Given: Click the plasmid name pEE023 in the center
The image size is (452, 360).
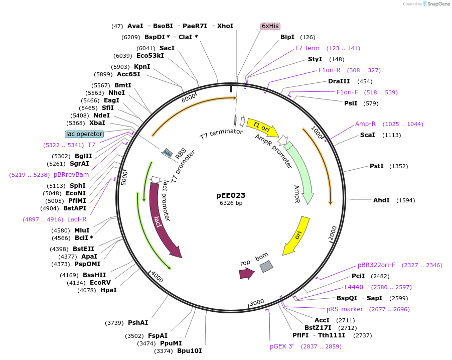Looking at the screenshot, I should pos(231,195).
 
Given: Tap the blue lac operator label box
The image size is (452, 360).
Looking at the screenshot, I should pos(84,134).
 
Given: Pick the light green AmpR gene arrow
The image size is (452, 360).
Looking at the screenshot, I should pos(302,171).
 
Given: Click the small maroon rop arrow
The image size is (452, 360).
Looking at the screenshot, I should pos(246,273).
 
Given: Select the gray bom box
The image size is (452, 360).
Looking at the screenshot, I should pos(266,267).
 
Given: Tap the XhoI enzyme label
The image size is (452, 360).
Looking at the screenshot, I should pos(225,26).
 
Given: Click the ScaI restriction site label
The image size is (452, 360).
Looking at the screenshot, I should pos(367,135).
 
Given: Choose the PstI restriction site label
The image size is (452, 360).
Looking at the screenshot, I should pos(377,166).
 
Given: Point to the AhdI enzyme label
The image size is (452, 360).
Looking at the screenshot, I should pos(381,200).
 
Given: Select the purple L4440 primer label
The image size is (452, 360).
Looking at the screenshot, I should pos(354,287).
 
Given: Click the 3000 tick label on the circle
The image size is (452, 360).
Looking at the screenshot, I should pos(256,302).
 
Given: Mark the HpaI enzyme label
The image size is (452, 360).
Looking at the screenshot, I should pos(108,290).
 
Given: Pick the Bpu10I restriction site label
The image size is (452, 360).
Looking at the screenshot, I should pos(189,351).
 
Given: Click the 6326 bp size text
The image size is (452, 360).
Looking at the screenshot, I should pos(231,203).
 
